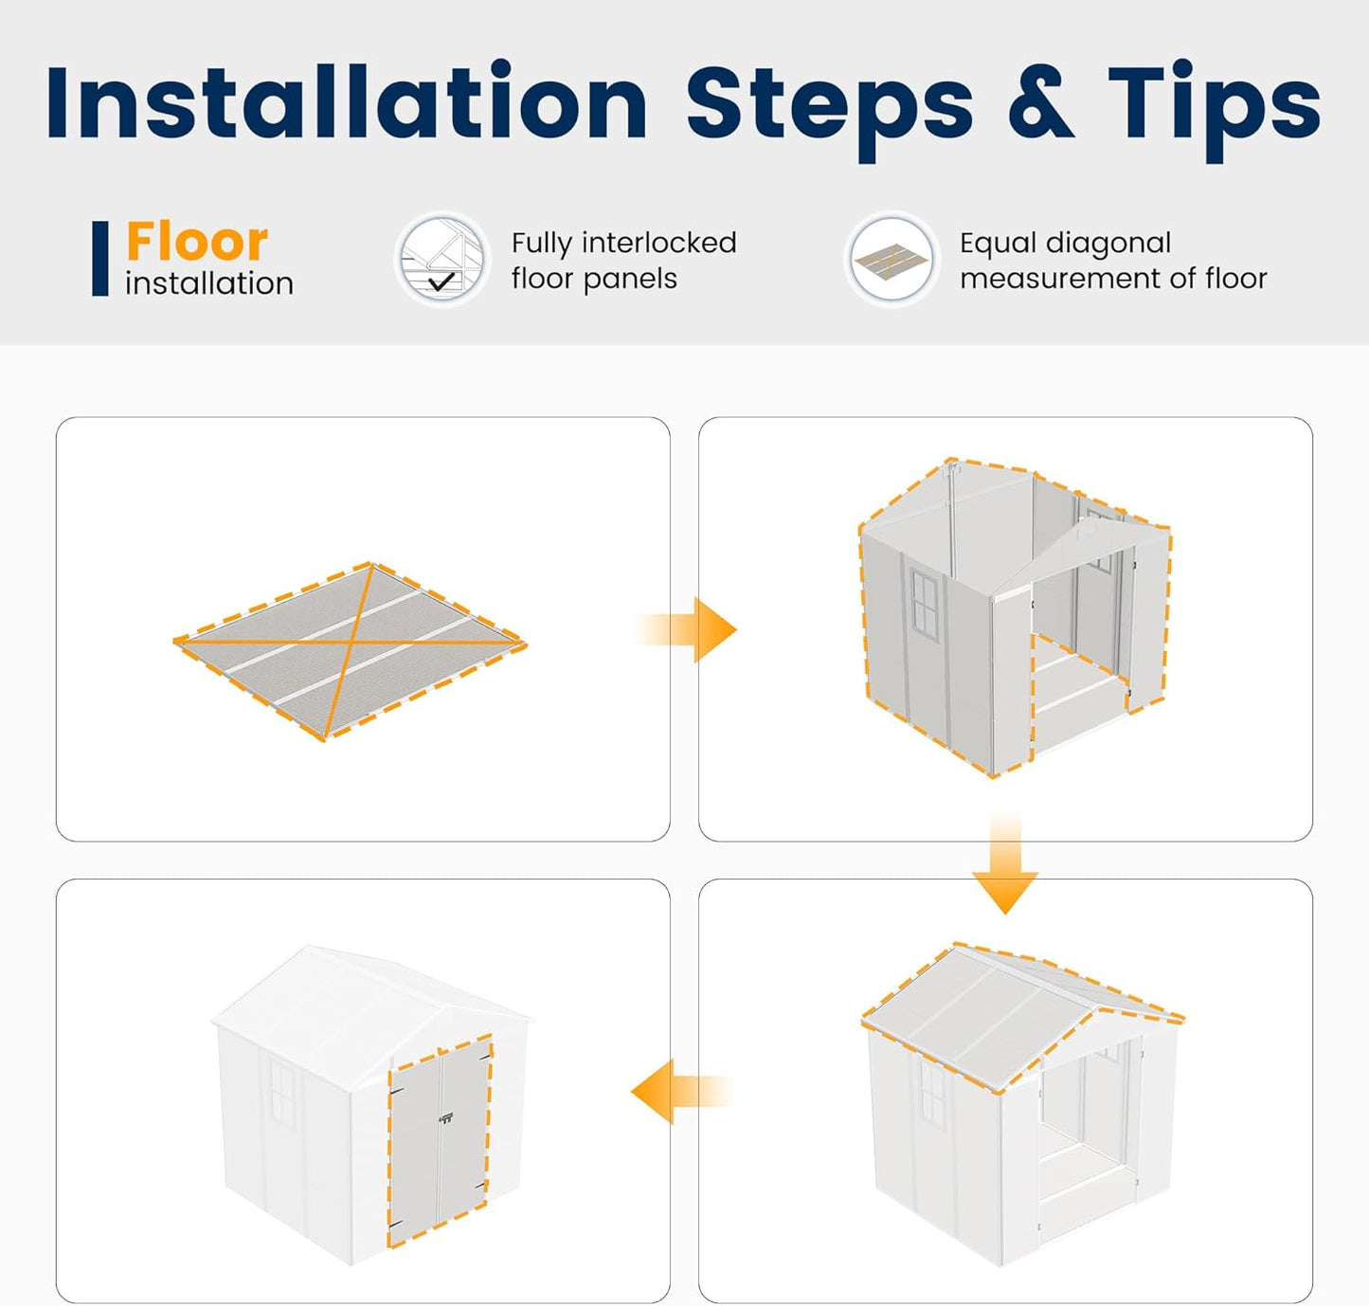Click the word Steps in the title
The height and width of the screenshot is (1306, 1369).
click(x=829, y=112)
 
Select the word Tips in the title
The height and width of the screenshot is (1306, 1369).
click(x=1214, y=112)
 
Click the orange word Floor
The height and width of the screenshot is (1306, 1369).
click(x=197, y=241)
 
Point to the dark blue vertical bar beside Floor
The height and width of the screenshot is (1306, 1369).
click(x=100, y=259)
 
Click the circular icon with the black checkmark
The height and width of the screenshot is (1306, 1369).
click(x=442, y=259)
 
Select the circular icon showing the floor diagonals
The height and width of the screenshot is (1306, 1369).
click(x=892, y=259)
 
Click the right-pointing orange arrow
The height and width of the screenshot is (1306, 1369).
click(x=685, y=629)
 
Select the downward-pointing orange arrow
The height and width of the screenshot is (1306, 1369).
click(x=1005, y=862)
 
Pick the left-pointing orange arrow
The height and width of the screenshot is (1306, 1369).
click(x=682, y=1092)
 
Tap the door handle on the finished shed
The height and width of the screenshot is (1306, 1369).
click(x=445, y=1119)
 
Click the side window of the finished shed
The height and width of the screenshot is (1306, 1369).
click(x=281, y=1093)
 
